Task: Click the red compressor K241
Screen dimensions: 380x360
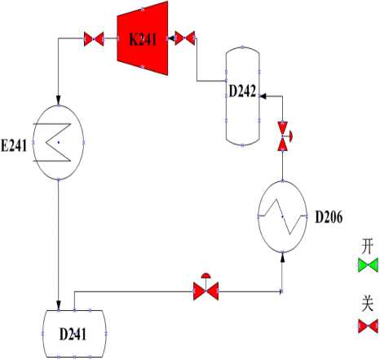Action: (x=143, y=38)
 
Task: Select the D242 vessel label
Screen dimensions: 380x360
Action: (x=242, y=91)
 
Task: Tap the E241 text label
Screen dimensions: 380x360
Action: (x=14, y=145)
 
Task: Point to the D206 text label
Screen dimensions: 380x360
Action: (x=329, y=217)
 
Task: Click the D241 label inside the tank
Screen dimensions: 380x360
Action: (x=73, y=334)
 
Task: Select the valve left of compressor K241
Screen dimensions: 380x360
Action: (x=94, y=39)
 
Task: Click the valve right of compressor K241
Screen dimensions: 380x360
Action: (x=185, y=38)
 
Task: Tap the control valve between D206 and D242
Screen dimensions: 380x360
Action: (x=284, y=136)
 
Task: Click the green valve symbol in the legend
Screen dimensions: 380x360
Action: (x=368, y=264)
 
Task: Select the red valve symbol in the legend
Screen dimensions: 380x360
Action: (x=368, y=326)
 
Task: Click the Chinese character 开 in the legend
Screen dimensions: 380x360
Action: (x=367, y=247)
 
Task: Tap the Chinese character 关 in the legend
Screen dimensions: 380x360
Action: (x=367, y=304)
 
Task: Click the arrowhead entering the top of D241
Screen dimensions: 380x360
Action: (x=59, y=305)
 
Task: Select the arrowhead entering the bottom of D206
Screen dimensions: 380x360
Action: (x=283, y=257)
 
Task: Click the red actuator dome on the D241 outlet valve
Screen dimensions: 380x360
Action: (x=205, y=275)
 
